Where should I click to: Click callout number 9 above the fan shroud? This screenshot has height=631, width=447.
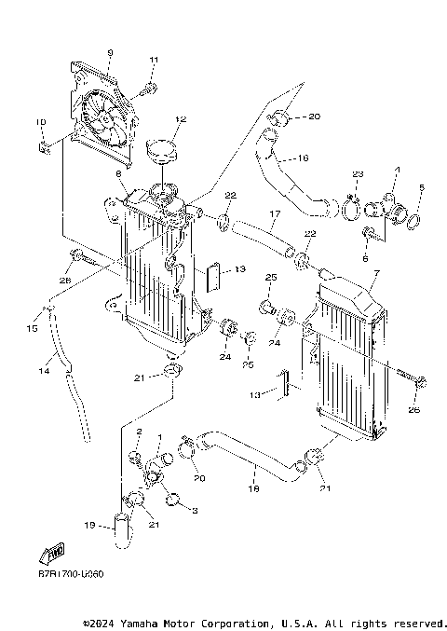(x=110, y=52)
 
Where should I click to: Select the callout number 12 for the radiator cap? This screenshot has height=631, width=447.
(x=181, y=119)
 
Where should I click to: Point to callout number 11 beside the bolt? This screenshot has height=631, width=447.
(x=153, y=61)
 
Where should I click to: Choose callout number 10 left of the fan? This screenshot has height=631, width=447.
(x=40, y=122)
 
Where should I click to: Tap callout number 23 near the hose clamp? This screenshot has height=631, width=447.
(x=358, y=174)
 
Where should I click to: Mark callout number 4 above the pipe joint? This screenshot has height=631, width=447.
(x=397, y=170)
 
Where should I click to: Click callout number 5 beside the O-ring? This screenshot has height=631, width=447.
(x=421, y=189)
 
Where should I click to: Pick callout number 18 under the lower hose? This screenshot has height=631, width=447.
(x=251, y=487)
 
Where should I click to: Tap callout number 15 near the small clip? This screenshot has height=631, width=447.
(x=34, y=329)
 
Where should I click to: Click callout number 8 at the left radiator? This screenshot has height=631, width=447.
(x=119, y=173)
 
